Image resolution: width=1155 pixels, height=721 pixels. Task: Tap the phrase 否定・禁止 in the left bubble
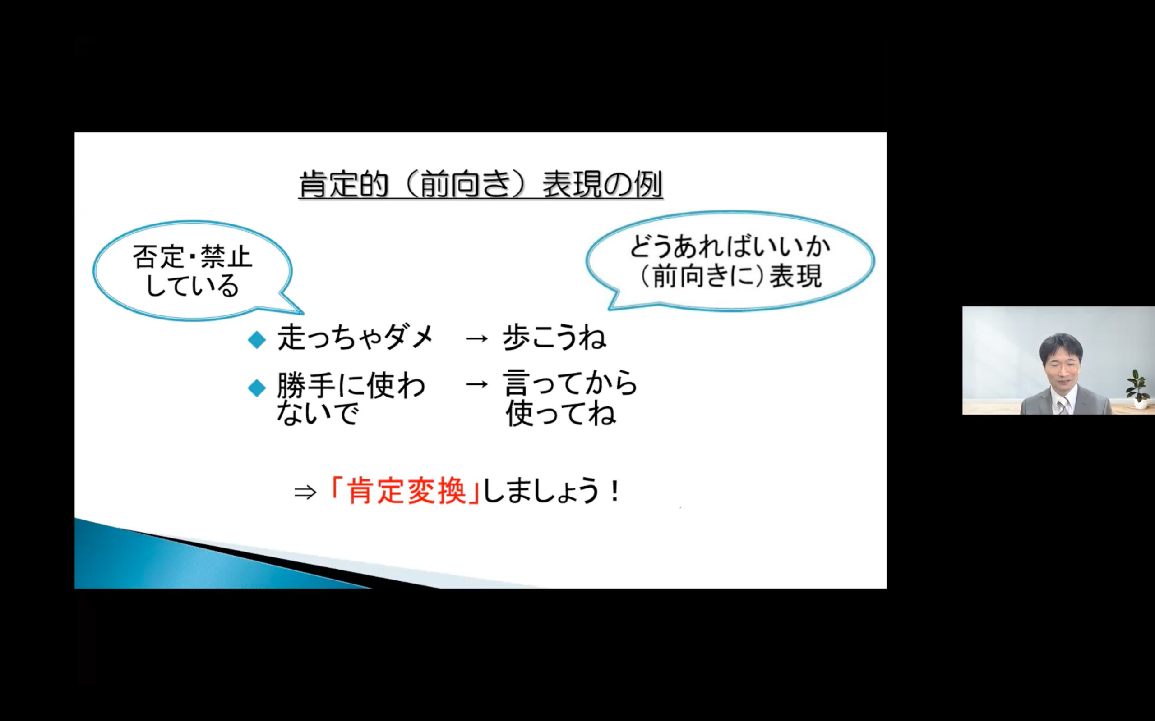click(x=192, y=257)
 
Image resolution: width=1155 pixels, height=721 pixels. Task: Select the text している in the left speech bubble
click(x=192, y=286)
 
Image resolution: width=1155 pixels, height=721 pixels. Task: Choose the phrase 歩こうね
click(x=554, y=338)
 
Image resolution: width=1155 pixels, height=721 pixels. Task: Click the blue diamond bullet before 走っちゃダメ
click(x=257, y=340)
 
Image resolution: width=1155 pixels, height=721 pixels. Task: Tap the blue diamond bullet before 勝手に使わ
click(x=257, y=388)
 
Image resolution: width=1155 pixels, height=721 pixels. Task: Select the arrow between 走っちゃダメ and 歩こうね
click(x=477, y=338)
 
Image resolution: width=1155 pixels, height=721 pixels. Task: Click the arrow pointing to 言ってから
click(x=477, y=384)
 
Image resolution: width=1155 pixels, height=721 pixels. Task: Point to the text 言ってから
click(x=570, y=383)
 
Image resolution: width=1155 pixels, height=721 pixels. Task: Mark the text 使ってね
click(x=561, y=413)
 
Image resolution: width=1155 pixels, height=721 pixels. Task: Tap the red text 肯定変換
click(x=407, y=491)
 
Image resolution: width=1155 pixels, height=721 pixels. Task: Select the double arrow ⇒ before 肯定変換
click(x=305, y=493)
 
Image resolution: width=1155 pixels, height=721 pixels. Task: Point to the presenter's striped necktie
click(x=1063, y=406)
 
